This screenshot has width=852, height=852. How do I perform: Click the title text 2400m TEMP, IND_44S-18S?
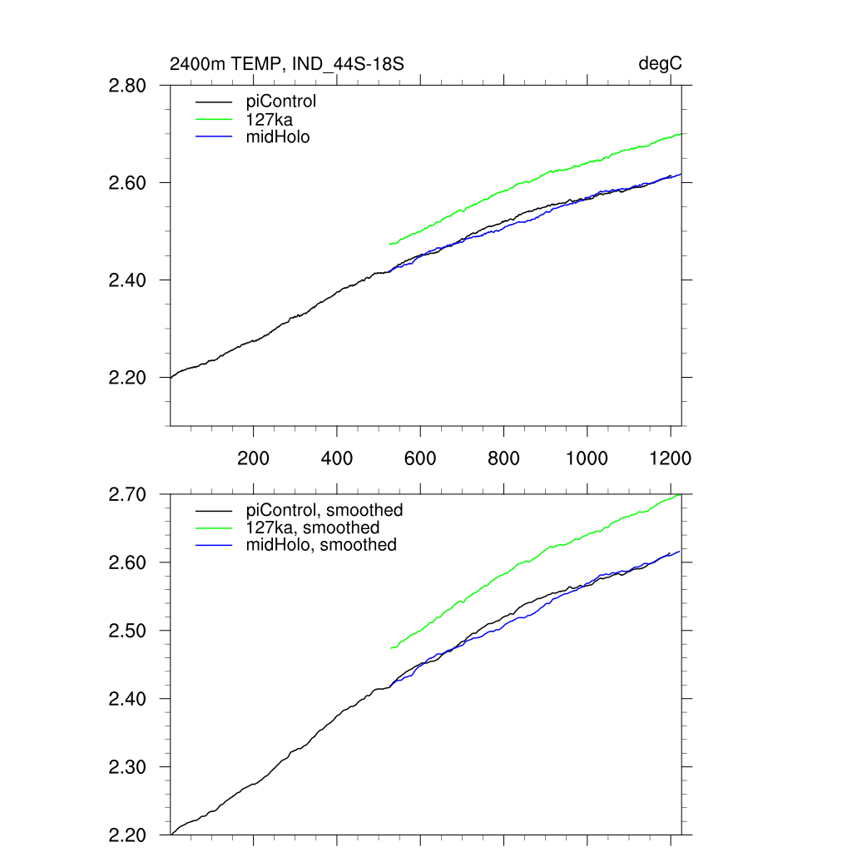[286, 64]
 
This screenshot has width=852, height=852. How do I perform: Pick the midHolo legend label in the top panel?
[278, 136]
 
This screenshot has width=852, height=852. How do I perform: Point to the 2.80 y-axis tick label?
[127, 85]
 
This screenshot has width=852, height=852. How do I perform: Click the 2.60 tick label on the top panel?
[127, 182]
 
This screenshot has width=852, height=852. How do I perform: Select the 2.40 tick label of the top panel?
[127, 280]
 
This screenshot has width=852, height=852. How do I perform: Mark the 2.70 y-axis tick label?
[127, 494]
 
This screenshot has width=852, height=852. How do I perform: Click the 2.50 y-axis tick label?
[127, 631]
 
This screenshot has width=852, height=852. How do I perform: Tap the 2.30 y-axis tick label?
[127, 767]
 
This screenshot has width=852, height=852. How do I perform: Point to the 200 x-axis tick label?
[253, 458]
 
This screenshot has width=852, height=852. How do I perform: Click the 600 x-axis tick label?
[420, 458]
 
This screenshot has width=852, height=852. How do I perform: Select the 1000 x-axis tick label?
[587, 458]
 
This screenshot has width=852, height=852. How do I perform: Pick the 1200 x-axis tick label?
[671, 458]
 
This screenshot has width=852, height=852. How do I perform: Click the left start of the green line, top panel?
[390, 244]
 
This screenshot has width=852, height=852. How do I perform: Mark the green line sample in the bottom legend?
[213, 528]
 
